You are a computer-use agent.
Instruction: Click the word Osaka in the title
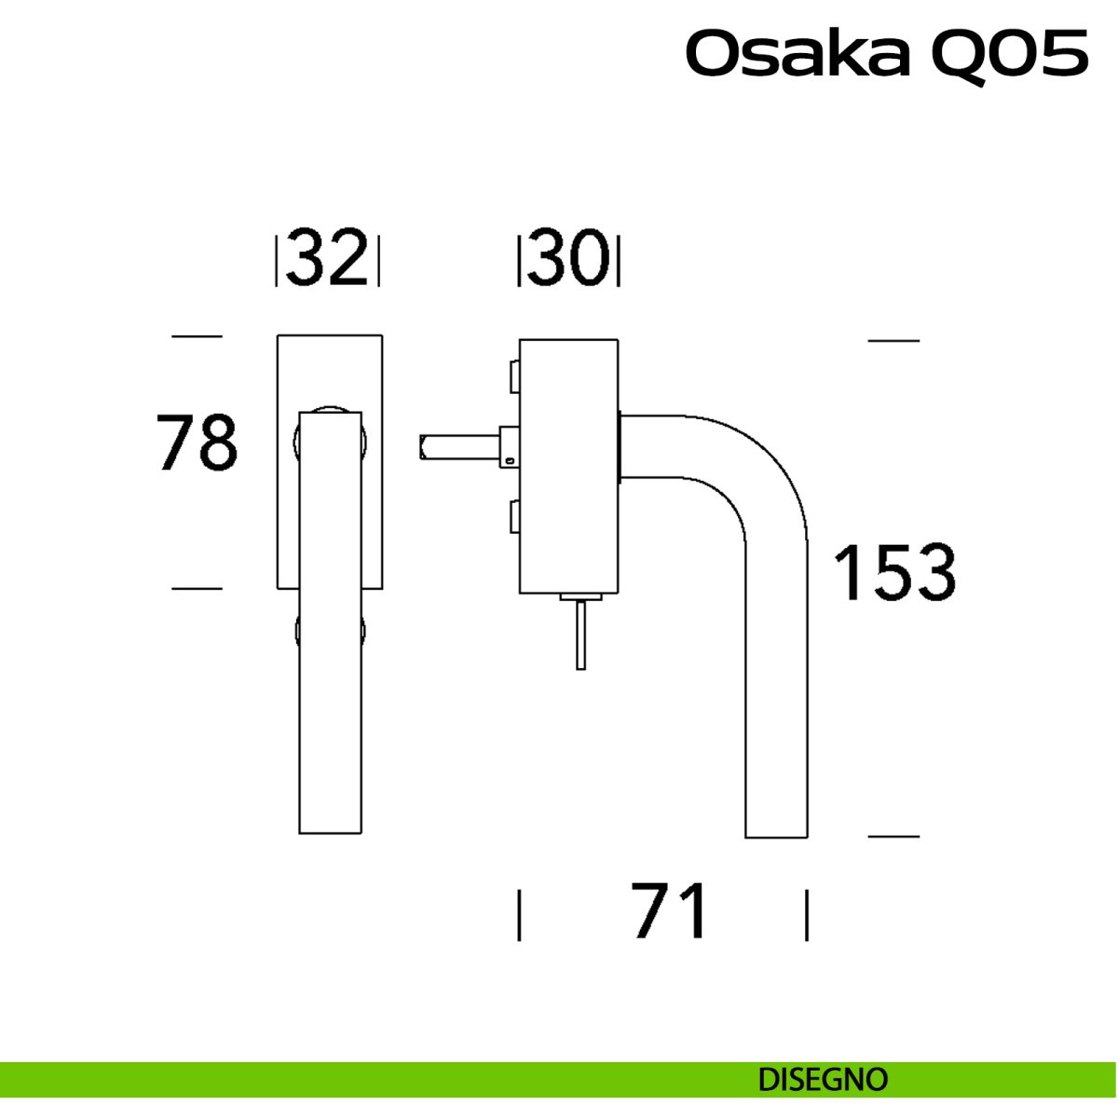click(x=798, y=54)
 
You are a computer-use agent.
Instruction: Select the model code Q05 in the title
click(x=1009, y=54)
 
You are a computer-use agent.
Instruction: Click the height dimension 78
click(x=197, y=443)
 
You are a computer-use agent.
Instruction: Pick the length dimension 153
click(x=893, y=572)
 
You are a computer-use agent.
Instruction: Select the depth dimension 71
click(x=670, y=910)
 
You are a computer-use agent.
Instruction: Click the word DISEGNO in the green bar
click(x=823, y=1080)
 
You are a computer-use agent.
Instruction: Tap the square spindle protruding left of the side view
click(x=457, y=447)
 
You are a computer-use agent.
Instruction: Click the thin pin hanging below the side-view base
click(x=580, y=634)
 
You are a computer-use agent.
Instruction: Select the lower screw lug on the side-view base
click(x=513, y=516)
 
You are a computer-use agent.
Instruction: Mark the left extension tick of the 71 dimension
click(x=519, y=915)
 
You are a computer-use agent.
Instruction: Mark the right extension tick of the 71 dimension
click(x=807, y=915)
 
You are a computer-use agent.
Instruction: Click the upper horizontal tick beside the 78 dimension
click(x=198, y=335)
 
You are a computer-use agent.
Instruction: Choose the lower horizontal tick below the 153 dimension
click(x=893, y=837)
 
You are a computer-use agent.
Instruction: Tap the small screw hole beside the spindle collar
click(x=511, y=459)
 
